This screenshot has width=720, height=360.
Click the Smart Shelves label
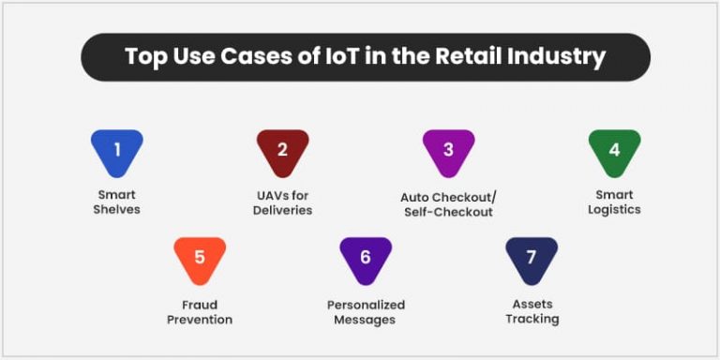click(117, 202)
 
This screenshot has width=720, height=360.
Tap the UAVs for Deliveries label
click(282, 202)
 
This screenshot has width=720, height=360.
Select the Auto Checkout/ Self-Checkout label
click(447, 204)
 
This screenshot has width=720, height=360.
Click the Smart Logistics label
click(614, 202)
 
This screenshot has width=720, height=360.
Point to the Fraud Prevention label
click(200, 311)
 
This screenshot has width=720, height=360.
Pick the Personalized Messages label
click(366, 311)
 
